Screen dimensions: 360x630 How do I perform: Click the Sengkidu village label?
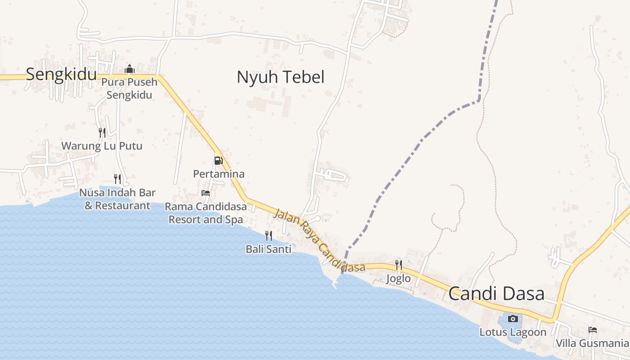pyautogui.click(x=61, y=74)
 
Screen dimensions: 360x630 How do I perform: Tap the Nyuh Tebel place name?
pyautogui.click(x=280, y=77)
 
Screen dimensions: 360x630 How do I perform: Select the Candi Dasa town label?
pyautogui.click(x=496, y=294)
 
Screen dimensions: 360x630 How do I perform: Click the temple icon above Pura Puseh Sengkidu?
pyautogui.click(x=130, y=69)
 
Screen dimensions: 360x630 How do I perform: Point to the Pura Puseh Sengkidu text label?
pyautogui.click(x=130, y=89)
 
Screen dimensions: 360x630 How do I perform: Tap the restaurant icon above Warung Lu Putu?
pyautogui.click(x=102, y=132)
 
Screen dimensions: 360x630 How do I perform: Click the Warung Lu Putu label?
pyautogui.click(x=102, y=146)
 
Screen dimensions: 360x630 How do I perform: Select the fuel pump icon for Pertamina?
pyautogui.click(x=218, y=160)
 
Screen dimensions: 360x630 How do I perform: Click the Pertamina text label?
pyautogui.click(x=219, y=174)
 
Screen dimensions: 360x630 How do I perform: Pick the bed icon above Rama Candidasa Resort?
pyautogui.click(x=206, y=193)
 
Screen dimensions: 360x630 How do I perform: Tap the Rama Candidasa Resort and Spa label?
pyautogui.click(x=206, y=213)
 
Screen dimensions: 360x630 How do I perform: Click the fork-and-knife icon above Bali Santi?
pyautogui.click(x=269, y=235)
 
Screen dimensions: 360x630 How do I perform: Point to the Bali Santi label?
pyautogui.click(x=269, y=249)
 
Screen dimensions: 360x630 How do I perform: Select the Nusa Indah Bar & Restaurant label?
pyautogui.click(x=117, y=199)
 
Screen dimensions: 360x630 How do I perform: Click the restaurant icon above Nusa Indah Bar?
pyautogui.click(x=117, y=179)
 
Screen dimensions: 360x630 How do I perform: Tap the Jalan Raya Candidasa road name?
pyautogui.click(x=319, y=241)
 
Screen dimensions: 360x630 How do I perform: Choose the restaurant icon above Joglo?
pyautogui.click(x=399, y=265)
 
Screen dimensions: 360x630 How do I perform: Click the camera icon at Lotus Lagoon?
pyautogui.click(x=513, y=319)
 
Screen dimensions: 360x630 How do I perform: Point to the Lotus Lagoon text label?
pyautogui.click(x=513, y=333)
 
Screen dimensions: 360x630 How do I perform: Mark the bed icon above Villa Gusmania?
pyautogui.click(x=593, y=330)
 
